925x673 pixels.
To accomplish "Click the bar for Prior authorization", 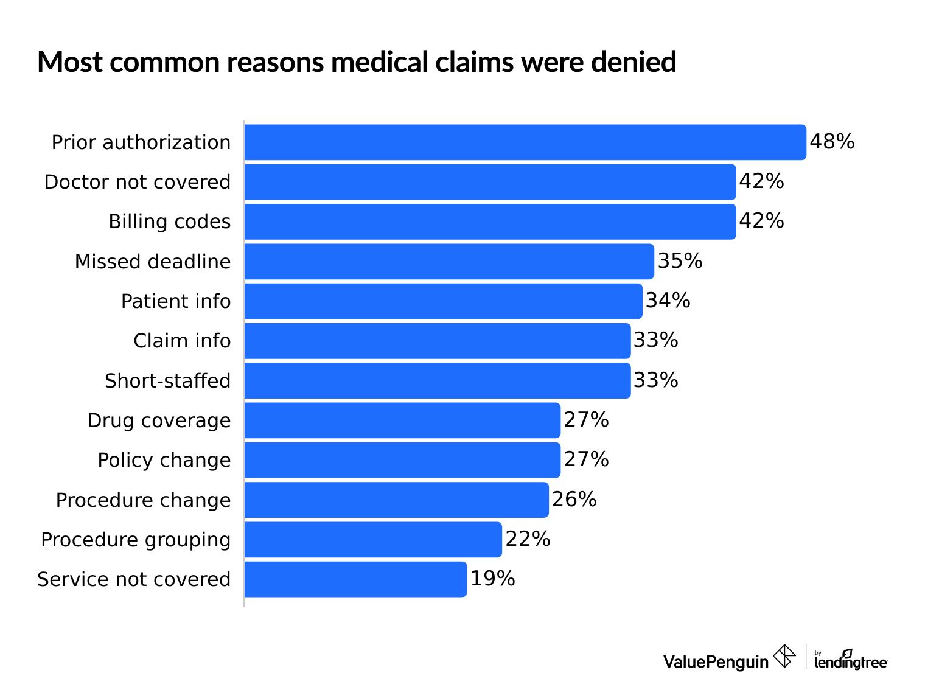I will (525, 142).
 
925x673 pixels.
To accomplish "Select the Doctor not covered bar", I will (490, 182).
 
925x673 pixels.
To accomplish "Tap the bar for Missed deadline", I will (449, 262).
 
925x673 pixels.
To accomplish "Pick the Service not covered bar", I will (355, 579).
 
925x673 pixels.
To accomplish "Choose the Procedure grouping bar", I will (373, 540).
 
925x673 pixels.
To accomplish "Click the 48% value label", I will (831, 142).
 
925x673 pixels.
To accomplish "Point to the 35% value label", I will (680, 261).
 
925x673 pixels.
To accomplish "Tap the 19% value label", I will (492, 579).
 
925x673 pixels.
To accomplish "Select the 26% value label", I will (574, 500).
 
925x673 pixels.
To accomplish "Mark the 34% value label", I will (668, 301).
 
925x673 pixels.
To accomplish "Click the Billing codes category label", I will (169, 221).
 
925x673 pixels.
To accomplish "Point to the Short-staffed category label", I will (167, 381).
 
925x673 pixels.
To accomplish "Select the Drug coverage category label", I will (159, 420).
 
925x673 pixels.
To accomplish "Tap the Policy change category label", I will (164, 460).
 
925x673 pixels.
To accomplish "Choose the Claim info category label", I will (182, 341).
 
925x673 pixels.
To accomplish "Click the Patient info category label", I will (175, 301).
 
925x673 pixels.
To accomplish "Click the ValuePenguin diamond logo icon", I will (784, 657).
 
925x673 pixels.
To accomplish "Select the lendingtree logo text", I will (851, 661).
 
